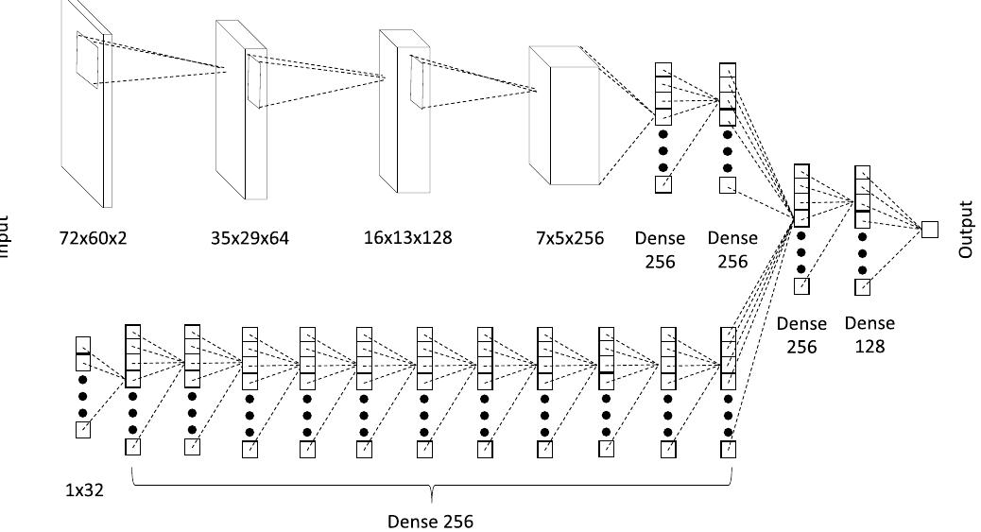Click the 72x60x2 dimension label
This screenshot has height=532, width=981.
[92, 238]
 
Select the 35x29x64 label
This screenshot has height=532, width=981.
[250, 238]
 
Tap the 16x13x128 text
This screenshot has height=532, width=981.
[407, 237]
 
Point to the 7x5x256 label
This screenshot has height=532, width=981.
[570, 238]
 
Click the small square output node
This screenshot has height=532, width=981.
[930, 229]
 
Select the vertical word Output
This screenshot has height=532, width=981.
[965, 229]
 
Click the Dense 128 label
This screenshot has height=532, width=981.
[869, 335]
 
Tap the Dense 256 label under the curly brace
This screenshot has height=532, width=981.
[431, 521]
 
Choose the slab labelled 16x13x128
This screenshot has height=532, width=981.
[399, 111]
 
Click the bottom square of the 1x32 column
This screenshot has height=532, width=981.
[83, 431]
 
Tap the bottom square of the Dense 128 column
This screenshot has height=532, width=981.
[862, 287]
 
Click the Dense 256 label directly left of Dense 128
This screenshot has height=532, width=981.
[801, 335]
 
